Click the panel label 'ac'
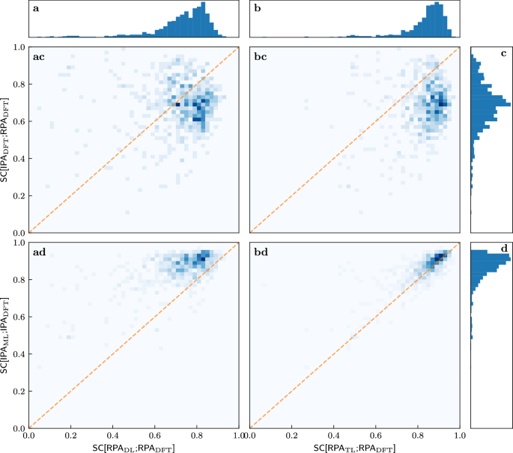point(39,57)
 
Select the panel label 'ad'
point(39,252)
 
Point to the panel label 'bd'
point(259,252)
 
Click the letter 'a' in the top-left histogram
point(36,10)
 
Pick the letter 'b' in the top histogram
point(256,10)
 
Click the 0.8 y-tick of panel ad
point(18,280)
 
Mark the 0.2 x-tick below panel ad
point(71,434)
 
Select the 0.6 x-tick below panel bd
point(375,434)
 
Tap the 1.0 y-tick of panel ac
point(18,47)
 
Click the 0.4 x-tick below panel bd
point(333,434)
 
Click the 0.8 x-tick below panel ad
point(198,434)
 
